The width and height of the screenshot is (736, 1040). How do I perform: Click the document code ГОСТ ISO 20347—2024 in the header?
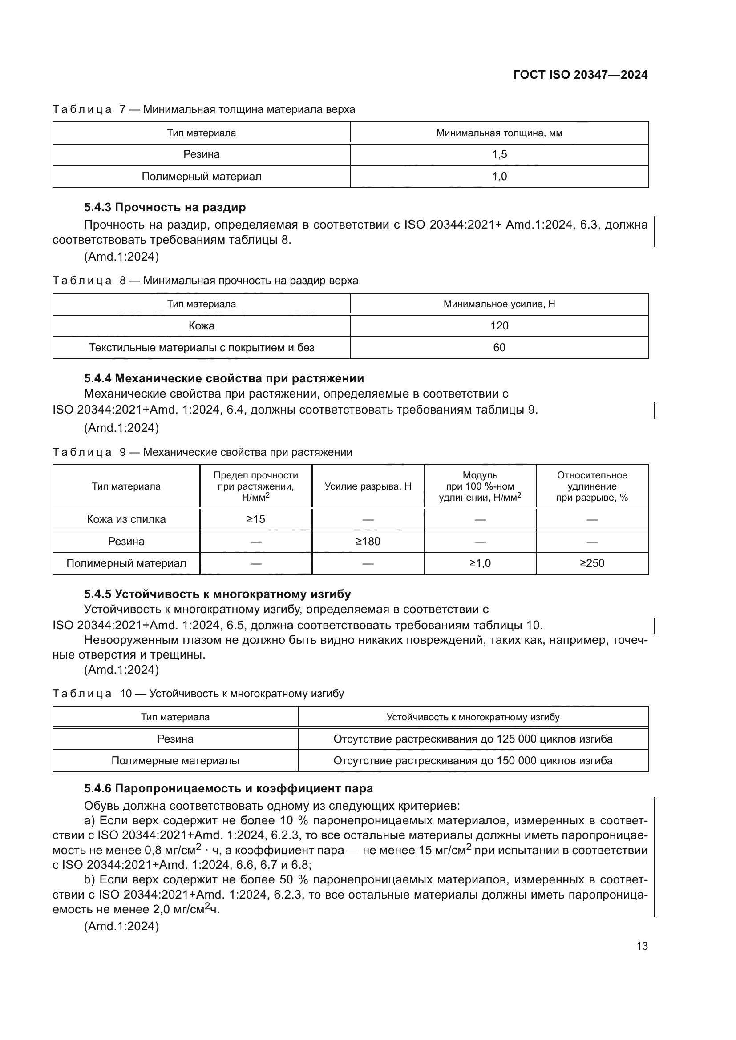[580, 75]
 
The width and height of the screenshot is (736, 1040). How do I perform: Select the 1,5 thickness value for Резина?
[499, 154]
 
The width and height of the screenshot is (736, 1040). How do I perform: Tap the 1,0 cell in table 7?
[499, 176]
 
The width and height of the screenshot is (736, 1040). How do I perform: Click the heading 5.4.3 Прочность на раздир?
[165, 208]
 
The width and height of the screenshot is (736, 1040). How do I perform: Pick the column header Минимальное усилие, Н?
[499, 304]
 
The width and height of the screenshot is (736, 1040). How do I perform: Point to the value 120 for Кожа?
[499, 325]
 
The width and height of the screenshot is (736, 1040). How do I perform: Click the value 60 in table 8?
[499, 347]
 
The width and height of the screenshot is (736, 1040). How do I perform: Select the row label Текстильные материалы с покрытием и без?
[201, 347]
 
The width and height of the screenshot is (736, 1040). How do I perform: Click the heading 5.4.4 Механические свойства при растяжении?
[224, 378]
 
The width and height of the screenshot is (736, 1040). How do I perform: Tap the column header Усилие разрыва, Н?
[368, 486]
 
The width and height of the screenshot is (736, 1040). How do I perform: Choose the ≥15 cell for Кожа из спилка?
[255, 519]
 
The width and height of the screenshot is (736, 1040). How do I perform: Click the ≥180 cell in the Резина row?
[368, 541]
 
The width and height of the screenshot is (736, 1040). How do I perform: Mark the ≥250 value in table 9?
[592, 563]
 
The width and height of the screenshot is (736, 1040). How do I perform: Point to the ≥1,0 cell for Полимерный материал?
[480, 563]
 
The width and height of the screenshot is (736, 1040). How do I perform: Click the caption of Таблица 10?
[198, 694]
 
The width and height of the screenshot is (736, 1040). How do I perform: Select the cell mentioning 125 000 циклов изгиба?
[473, 739]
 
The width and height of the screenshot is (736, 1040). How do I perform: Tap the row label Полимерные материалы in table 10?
[175, 760]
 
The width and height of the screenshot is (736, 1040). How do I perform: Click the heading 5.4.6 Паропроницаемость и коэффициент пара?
[228, 789]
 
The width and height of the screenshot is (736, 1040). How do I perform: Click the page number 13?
[642, 946]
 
